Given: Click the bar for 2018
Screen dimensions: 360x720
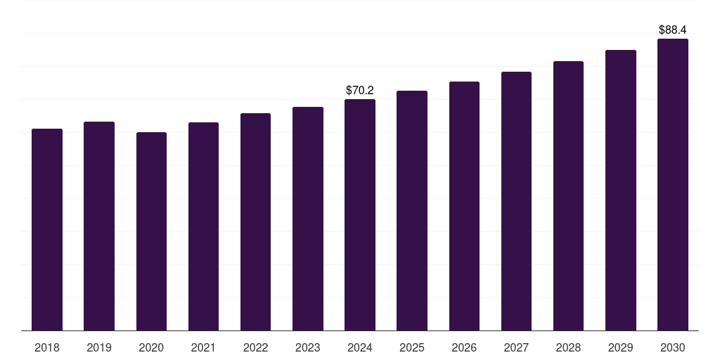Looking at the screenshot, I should tap(47, 230).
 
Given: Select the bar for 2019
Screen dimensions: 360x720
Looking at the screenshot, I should tap(99, 226).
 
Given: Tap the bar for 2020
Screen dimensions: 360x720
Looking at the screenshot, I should tap(151, 231).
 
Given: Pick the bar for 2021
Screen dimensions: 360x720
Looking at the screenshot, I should tap(203, 226).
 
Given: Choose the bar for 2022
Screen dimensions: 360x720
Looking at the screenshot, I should tap(255, 222).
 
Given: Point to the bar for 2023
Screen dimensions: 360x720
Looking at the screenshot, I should tap(308, 219).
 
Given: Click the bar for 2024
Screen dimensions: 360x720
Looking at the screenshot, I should tap(360, 215).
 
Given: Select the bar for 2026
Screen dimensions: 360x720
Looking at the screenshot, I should tap(464, 206).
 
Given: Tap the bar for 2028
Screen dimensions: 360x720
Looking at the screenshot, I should tap(568, 196).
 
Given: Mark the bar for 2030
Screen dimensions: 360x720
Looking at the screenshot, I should tap(673, 185).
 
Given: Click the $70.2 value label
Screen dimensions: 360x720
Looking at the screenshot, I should tap(360, 91).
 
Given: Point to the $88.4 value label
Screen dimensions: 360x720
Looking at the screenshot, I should tap(673, 30).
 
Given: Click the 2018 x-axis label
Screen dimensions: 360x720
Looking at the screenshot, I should tap(47, 347).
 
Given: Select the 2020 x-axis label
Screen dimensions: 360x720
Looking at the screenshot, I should tap(151, 347).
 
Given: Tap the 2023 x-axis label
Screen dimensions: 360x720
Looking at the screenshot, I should tap(308, 347).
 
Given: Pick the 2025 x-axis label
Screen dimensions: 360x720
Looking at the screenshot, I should tap(412, 347).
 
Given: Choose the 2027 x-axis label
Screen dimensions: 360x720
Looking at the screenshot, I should tap(516, 347).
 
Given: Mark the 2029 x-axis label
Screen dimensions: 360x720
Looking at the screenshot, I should tap(621, 347).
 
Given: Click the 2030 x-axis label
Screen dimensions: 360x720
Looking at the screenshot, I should tap(673, 347).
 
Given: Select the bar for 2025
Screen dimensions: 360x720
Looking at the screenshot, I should tap(412, 211).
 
